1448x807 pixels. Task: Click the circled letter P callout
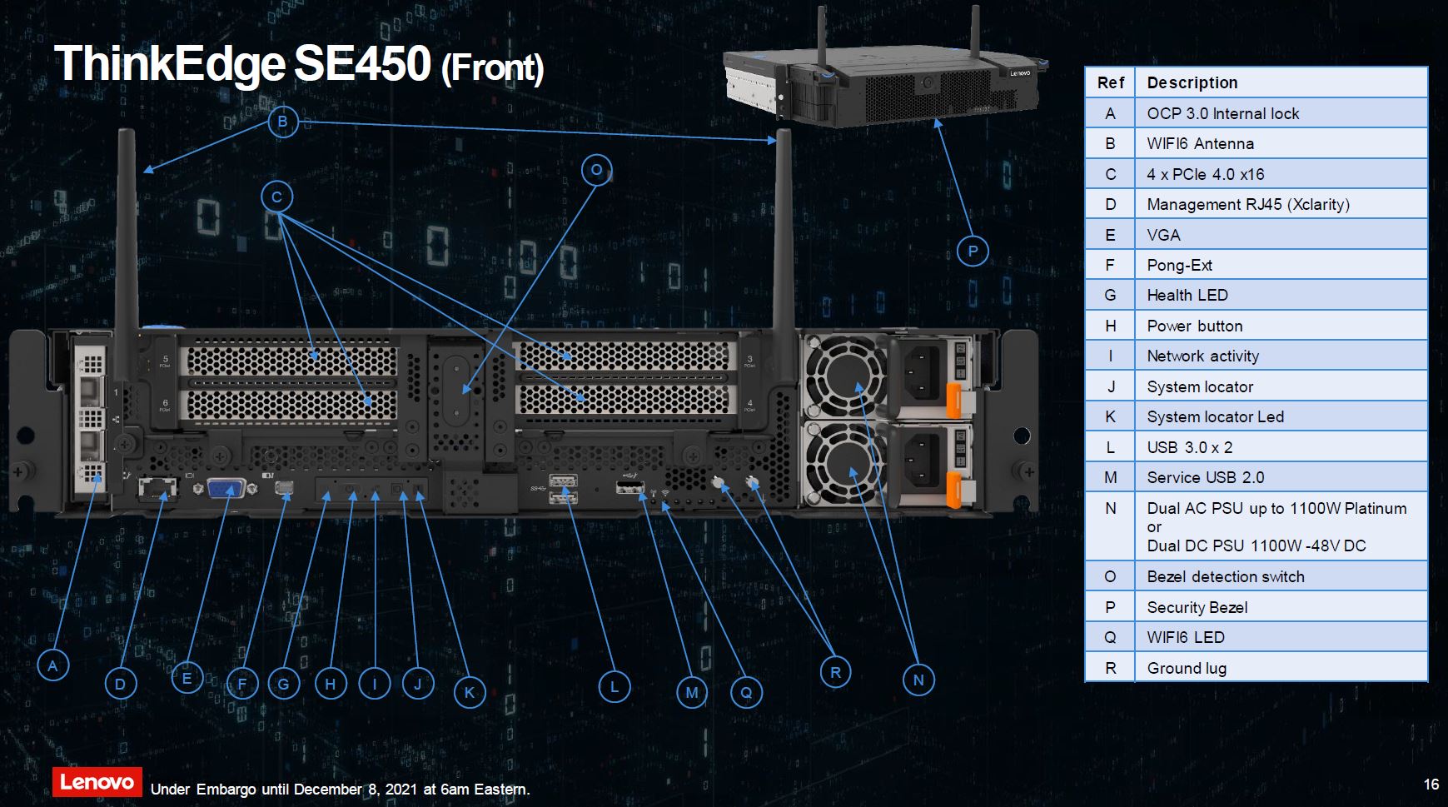coord(973,251)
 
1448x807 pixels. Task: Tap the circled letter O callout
coord(596,171)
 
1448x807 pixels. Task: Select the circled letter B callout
coord(282,122)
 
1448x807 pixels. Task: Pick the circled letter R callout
coord(835,672)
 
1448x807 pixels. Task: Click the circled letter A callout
coord(52,665)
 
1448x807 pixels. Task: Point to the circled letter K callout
coord(470,692)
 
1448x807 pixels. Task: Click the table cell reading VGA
coord(1281,235)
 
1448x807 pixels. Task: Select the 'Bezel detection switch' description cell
coord(1281,576)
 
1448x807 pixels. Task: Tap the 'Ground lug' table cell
coord(1281,668)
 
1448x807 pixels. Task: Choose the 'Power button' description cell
coord(1281,326)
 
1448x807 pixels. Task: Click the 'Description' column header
coord(1281,82)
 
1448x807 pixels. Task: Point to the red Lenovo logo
coord(97,782)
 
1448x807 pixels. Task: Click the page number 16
coord(1431,784)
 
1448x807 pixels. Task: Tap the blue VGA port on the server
coord(225,488)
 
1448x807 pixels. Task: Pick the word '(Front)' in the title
coord(492,68)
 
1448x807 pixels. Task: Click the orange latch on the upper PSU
coord(953,399)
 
